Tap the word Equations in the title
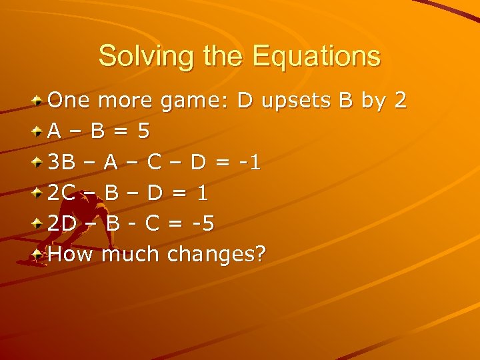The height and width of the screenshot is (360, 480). tap(317, 56)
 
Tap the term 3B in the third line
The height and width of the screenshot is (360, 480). tap(62, 162)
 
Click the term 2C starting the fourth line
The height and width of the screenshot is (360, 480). tap(62, 193)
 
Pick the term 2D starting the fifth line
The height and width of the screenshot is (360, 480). tap(62, 223)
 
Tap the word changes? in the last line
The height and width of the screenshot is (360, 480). tap(217, 254)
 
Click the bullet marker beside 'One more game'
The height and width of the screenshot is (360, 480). tap(39, 101)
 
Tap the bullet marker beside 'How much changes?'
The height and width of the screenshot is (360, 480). tap(39, 254)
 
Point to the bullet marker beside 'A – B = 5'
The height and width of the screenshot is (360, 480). tap(39, 132)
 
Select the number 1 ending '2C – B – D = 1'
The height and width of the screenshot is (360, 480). tap(203, 193)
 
